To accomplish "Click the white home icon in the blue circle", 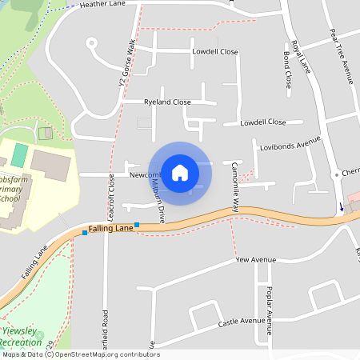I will pyautogui.click(x=180, y=172).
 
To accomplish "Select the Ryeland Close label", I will pyautogui.click(x=167, y=102).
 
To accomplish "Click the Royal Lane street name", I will pyautogui.click(x=300, y=55).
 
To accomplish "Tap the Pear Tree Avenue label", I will pyautogui.click(x=341, y=57).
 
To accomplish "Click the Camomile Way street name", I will pyautogui.click(x=236, y=191).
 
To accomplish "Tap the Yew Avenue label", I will pyautogui.click(x=255, y=260).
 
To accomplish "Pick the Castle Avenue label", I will pyautogui.click(x=242, y=322).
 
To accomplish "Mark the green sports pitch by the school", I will pyautogui.click(x=19, y=154).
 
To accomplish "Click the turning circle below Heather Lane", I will pyautogui.click(x=91, y=42).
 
